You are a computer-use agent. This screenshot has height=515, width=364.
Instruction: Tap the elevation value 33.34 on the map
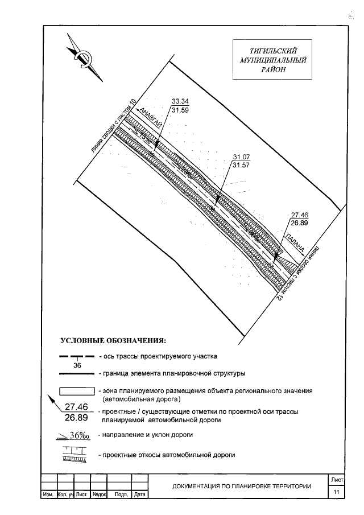click(x=180, y=102)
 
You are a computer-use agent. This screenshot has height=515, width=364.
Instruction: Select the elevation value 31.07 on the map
click(x=242, y=156)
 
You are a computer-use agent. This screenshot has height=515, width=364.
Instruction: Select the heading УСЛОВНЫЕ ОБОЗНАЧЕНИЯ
click(x=113, y=341)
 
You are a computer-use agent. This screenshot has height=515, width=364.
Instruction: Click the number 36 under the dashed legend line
click(x=77, y=366)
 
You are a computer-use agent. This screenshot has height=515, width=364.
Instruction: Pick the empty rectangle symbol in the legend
click(x=77, y=392)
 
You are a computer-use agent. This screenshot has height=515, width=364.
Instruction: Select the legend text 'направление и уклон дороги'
click(x=144, y=435)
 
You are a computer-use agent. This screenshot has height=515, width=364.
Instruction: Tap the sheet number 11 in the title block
click(x=337, y=492)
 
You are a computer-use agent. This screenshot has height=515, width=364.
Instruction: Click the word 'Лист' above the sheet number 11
click(x=337, y=481)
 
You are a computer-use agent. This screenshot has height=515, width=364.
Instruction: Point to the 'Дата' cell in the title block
click(x=139, y=496)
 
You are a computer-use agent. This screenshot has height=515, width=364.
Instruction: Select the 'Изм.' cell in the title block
click(x=48, y=496)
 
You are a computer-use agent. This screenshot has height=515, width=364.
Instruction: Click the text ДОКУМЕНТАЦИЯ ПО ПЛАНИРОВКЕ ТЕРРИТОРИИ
click(x=242, y=486)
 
